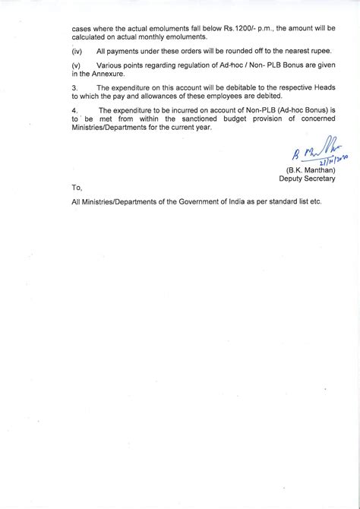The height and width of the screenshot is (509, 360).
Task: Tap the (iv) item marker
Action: click(x=77, y=50)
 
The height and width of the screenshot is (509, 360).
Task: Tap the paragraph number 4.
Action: click(x=74, y=112)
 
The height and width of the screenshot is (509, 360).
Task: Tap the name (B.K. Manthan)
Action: click(x=310, y=169)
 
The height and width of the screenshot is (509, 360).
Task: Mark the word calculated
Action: click(x=90, y=36)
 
